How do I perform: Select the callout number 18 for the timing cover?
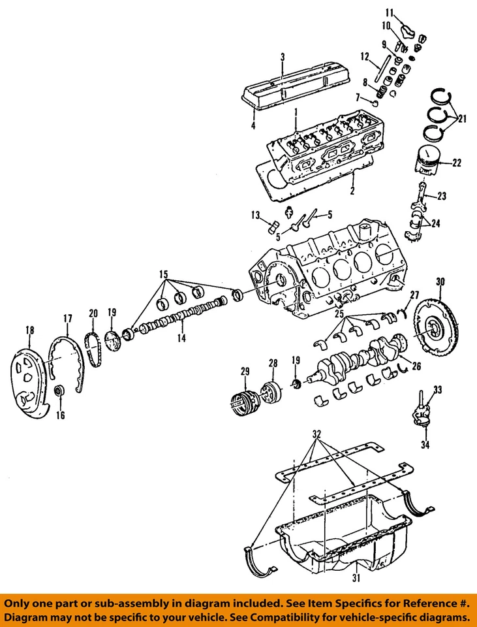pos(28,330)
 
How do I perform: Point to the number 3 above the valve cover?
pos(283,57)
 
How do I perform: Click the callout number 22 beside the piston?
pos(455,163)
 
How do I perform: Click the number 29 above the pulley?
pos(245,372)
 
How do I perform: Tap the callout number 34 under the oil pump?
pos(425,447)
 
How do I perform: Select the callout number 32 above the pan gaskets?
pos(317,434)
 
